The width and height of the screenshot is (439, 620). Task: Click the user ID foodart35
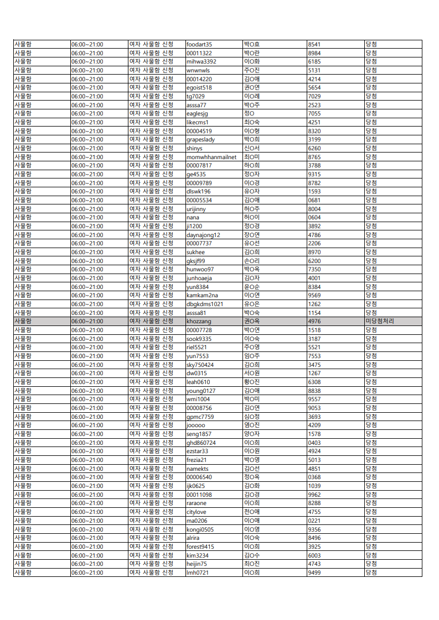pyautogui.click(x=199, y=44)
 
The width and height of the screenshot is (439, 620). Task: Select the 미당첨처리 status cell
pyautogui.click(x=379, y=321)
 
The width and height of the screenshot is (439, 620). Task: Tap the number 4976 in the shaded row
pyautogui.click(x=314, y=321)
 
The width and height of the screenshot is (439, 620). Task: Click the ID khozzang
pyautogui.click(x=199, y=321)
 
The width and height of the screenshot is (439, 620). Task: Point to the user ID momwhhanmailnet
pyautogui.click(x=211, y=157)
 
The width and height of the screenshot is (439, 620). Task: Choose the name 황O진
pyautogui.click(x=252, y=382)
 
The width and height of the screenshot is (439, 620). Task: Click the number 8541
pyautogui.click(x=314, y=44)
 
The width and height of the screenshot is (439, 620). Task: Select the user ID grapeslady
pyautogui.click(x=200, y=140)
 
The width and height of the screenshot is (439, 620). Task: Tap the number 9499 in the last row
pyautogui.click(x=314, y=572)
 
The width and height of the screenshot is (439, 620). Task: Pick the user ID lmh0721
pyautogui.click(x=198, y=572)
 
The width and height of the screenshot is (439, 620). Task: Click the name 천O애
pyautogui.click(x=252, y=512)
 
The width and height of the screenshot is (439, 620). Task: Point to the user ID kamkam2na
pyautogui.click(x=202, y=295)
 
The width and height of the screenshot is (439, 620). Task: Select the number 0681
pyautogui.click(x=314, y=200)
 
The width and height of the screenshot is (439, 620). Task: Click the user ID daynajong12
pyautogui.click(x=203, y=235)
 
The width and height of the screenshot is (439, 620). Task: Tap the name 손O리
pyautogui.click(x=252, y=261)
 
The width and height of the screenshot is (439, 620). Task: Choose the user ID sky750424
pyautogui.click(x=200, y=365)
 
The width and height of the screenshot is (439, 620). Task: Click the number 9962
pyautogui.click(x=314, y=495)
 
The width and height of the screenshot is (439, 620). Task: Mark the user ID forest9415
pyautogui.click(x=200, y=547)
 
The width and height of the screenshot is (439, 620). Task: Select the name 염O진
pyautogui.click(x=252, y=425)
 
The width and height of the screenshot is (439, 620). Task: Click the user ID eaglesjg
pyautogui.click(x=197, y=113)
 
